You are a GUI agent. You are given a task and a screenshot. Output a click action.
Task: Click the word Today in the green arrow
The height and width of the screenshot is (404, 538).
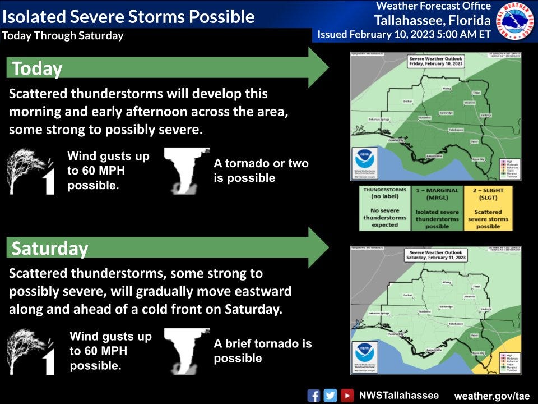click(36, 68)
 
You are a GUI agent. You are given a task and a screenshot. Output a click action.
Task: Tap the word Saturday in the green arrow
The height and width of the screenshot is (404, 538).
click(50, 248)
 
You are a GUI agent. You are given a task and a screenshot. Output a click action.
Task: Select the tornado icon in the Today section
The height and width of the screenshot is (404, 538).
click(187, 171)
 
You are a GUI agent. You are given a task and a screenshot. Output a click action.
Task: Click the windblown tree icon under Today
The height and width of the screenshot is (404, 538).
click(31, 171)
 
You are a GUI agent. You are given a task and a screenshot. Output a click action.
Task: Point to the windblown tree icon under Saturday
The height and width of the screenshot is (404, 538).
click(31, 352)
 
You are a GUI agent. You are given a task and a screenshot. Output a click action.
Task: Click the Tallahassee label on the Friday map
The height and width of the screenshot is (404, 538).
click(455, 130)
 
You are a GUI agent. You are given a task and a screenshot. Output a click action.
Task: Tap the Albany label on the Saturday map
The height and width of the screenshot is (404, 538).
click(447, 282)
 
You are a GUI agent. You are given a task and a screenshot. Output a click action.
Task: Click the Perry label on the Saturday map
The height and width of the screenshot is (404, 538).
click(474, 335)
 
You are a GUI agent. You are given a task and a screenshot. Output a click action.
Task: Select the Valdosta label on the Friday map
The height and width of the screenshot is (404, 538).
click(485, 115)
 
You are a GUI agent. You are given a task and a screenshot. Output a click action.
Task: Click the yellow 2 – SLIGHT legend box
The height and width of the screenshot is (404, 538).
click(488, 208)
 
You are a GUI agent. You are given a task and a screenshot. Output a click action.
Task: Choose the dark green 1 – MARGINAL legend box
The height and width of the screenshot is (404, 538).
click(437, 208)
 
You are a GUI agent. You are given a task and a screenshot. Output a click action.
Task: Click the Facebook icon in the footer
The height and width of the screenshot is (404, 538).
click(314, 395)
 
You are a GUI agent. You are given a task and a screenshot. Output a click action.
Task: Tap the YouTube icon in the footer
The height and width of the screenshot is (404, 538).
click(347, 395)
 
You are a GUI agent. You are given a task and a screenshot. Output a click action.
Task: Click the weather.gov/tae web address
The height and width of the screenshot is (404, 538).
click(491, 396)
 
